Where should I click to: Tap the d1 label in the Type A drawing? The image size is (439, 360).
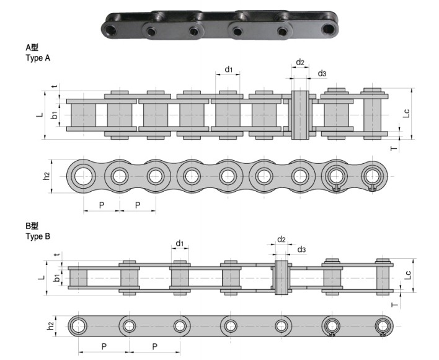pos(228,70)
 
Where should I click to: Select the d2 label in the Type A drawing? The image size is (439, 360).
pos(300,62)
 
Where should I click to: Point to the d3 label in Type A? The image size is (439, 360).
pos(322,74)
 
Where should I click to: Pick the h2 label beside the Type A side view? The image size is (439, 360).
pos(47,176)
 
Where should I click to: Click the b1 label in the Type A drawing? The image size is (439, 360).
pos(55,115)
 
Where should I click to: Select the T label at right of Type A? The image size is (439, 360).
pos(393,148)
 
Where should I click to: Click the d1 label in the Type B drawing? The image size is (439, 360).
pos(179,243)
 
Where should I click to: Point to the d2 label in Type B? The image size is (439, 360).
pos(281,239)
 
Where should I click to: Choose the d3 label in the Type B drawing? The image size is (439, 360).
pos(301,250)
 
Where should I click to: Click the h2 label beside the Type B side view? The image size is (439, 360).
pos(51,325)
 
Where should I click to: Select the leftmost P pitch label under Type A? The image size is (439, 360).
pos(100,205)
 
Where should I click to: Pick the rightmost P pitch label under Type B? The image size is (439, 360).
pos(154,346)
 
